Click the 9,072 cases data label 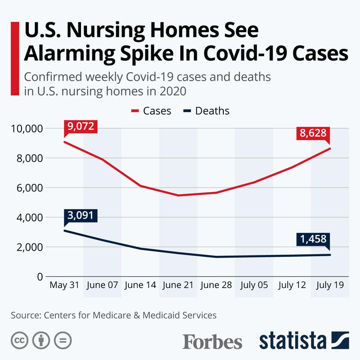tap(81, 126)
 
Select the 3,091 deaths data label tap(81, 216)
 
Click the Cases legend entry tap(151, 111)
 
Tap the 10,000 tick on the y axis tap(26, 129)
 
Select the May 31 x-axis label tap(64, 285)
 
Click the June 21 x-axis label tap(178, 285)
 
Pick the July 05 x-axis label tap(254, 285)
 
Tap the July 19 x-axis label tap(330, 285)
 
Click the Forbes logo tap(212, 341)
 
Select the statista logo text tap(292, 340)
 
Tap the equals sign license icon tap(63, 340)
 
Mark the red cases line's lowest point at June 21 tap(178, 195)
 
